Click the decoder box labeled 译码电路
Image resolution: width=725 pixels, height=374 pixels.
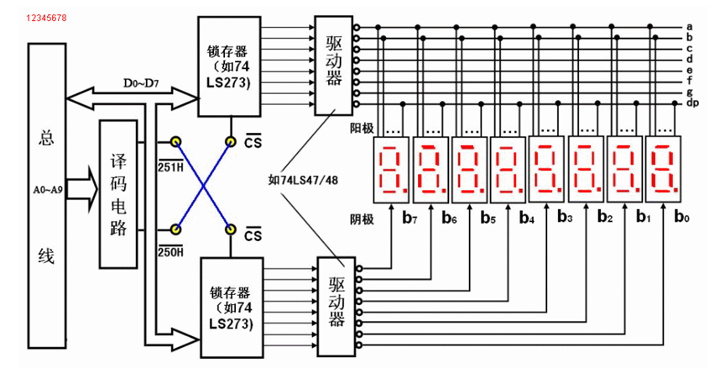pos(118,193)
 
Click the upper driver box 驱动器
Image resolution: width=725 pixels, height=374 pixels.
pos(333,66)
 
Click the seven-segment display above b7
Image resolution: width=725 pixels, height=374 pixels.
pos(394,168)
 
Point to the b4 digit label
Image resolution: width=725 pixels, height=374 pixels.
pos(526,220)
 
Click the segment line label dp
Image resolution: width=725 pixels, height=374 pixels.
pos(692,103)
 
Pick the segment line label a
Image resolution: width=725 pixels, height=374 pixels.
pos(689,28)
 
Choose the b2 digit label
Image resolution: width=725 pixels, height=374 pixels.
pos(604,219)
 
